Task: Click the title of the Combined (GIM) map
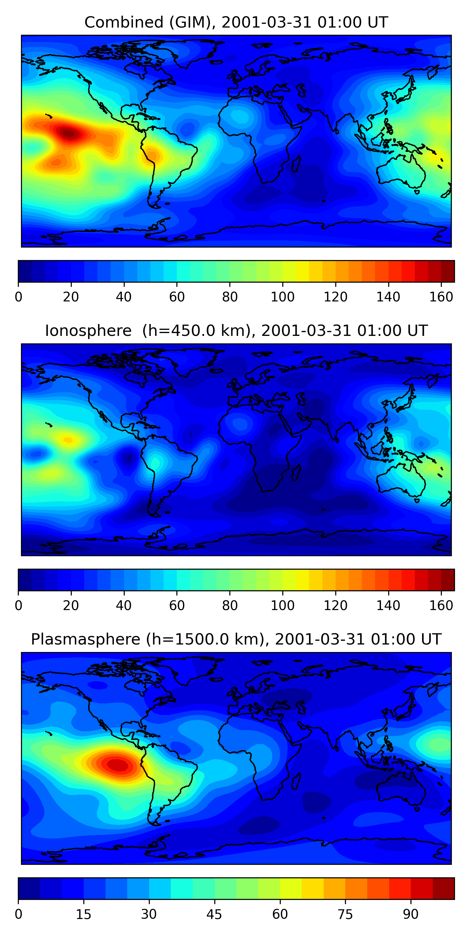(236, 22)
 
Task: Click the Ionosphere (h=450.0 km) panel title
(236, 331)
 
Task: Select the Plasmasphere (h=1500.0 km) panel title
(236, 639)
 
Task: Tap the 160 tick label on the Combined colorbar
(441, 297)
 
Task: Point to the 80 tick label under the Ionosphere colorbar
(230, 606)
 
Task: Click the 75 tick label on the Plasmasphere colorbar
(345, 914)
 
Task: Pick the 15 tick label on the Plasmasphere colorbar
(84, 914)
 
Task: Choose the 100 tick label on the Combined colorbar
(282, 297)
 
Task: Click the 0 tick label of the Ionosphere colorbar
(18, 606)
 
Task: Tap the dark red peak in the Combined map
(69, 133)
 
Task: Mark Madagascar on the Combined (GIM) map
(295, 164)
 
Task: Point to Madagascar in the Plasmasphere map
(295, 781)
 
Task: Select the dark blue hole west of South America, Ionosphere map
(128, 458)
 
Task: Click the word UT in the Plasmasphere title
(431, 639)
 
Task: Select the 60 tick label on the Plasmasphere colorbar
(280, 914)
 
